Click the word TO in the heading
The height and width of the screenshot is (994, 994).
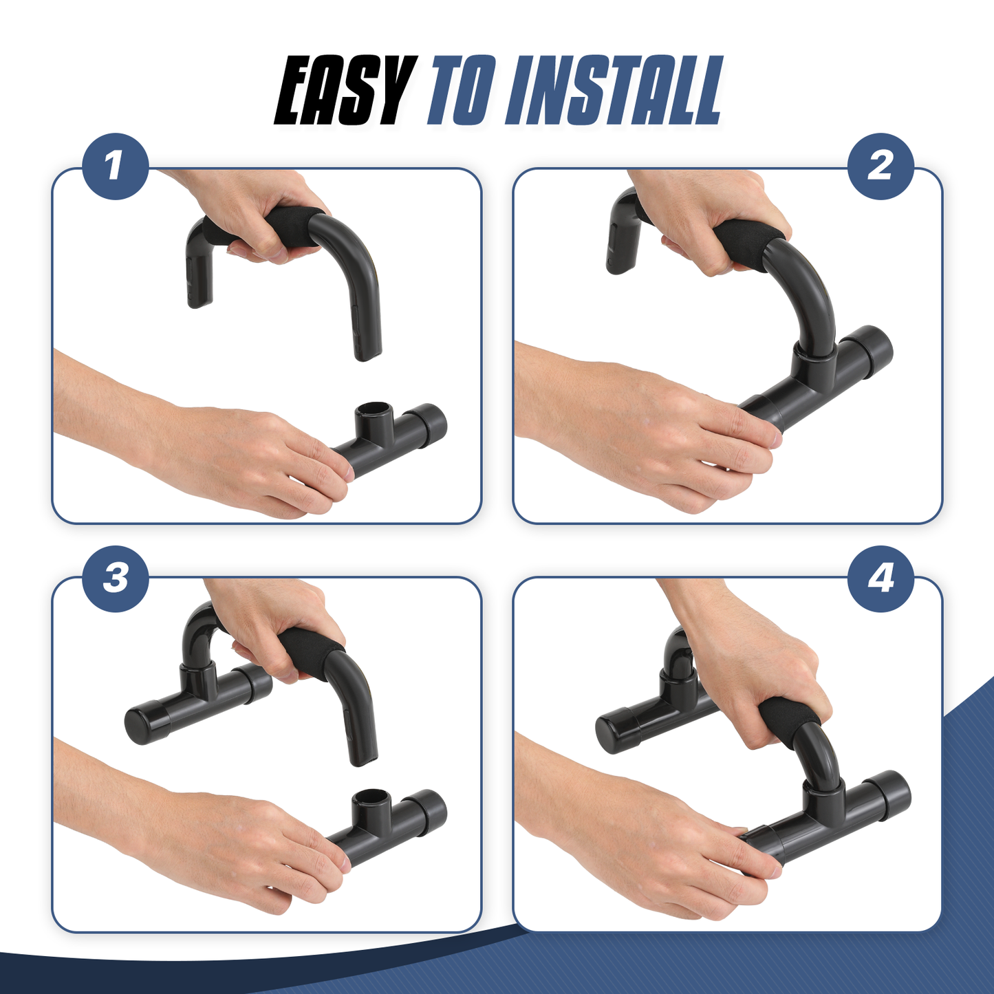tap(462, 91)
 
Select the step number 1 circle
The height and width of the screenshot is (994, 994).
tap(115, 166)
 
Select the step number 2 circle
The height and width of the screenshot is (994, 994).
tap(880, 166)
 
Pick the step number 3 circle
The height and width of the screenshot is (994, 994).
tap(115, 579)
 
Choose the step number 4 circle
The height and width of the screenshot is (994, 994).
tap(880, 579)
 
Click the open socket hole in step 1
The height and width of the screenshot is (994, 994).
tap(371, 409)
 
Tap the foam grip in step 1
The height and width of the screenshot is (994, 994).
tap(268, 230)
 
